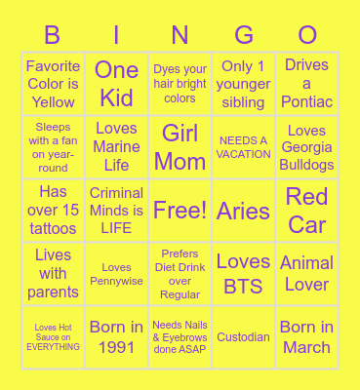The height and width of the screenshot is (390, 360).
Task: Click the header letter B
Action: [54, 36]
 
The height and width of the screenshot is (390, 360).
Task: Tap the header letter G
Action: [244, 36]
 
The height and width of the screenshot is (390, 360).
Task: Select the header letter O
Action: [307, 36]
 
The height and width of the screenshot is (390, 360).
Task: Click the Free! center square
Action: [180, 211]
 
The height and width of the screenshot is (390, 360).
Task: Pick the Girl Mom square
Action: [180, 147]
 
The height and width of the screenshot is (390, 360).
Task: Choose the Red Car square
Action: [307, 211]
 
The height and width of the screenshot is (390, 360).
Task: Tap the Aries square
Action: [244, 211]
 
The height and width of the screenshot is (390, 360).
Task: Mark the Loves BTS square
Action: [244, 274]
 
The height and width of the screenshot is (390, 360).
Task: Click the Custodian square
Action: [244, 337]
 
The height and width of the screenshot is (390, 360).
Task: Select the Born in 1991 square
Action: [117, 337]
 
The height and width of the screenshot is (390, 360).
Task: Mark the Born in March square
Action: [307, 337]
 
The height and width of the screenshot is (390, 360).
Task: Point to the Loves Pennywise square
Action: [117, 274]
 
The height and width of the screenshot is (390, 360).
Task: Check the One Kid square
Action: [117, 84]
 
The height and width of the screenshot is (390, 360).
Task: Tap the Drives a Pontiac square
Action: [307, 84]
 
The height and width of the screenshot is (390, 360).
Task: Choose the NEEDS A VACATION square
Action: [244, 147]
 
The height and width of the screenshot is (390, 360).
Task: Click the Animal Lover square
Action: [307, 274]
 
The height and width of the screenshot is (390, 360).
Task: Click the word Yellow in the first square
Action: [54, 101]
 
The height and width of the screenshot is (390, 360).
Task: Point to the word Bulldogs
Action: [307, 165]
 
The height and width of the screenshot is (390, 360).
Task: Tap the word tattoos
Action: [54, 228]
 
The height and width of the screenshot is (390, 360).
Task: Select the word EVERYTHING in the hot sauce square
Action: [54, 346]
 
